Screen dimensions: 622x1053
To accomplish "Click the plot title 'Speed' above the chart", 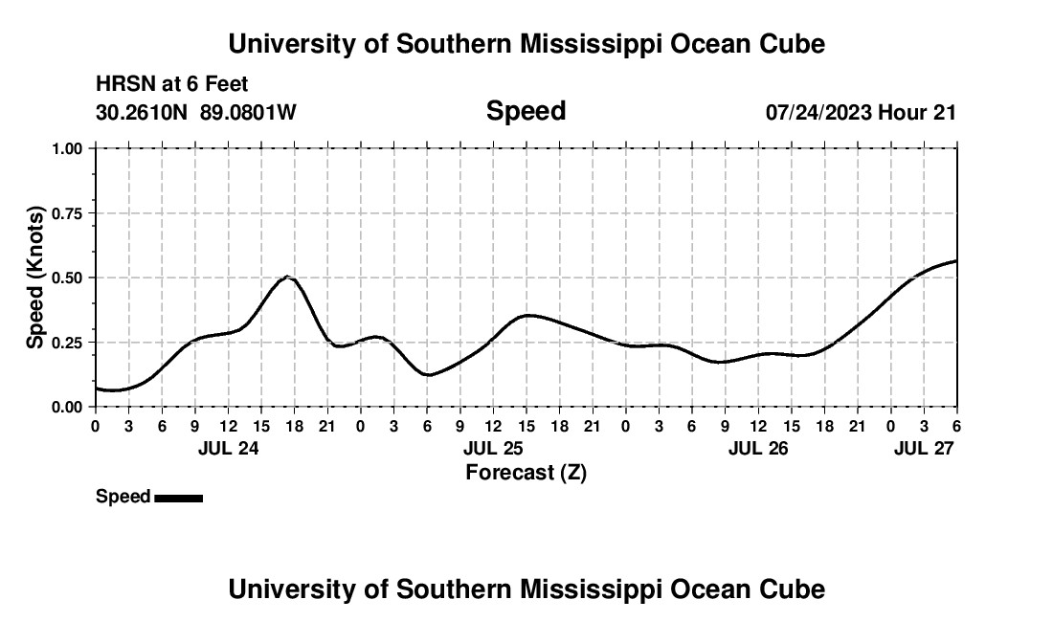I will pos(526,111).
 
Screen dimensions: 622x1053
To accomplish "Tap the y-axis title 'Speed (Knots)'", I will pos(35,278).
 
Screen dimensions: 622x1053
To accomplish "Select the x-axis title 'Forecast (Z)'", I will pos(526,472).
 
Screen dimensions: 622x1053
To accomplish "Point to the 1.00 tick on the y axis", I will pos(68,148).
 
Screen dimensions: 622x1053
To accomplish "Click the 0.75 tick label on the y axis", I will pos(68,213).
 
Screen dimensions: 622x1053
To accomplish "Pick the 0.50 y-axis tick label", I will pos(68,278).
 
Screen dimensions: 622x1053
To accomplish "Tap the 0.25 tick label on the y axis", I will pos(68,343).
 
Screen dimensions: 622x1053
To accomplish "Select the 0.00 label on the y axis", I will pos(68,407).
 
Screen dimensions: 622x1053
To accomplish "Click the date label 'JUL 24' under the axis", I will pos(228,448).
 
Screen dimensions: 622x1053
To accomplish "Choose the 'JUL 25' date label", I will pos(493,448).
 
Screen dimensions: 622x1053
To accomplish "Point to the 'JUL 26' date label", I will pos(758,448).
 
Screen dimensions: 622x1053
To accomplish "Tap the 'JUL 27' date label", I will pos(924,448).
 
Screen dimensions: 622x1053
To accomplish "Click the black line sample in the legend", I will pos(178,498).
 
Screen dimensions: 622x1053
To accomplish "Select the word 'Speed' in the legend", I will pos(123,497).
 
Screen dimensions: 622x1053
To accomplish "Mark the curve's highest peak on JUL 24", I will pos(288,277).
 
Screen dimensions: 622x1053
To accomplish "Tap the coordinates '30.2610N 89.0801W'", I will pos(196,112).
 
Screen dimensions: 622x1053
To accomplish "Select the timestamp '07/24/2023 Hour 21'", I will pos(861,112).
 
